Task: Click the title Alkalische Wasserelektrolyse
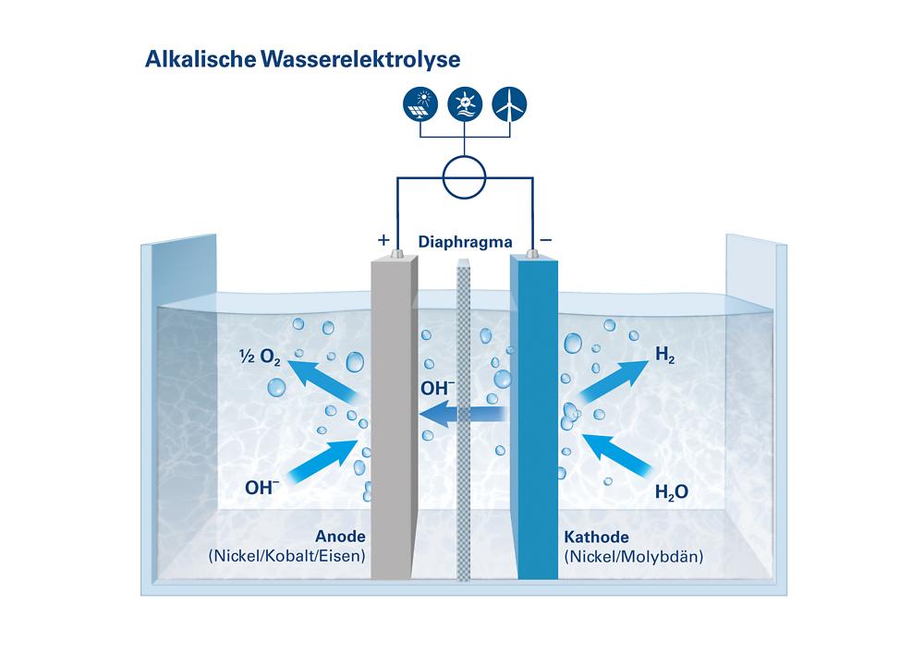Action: click(x=302, y=57)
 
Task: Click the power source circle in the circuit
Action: click(x=464, y=176)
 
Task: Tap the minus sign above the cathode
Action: click(x=546, y=240)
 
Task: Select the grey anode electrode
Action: click(x=394, y=416)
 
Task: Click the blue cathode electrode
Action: click(x=536, y=416)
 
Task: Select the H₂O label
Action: click(x=671, y=492)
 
